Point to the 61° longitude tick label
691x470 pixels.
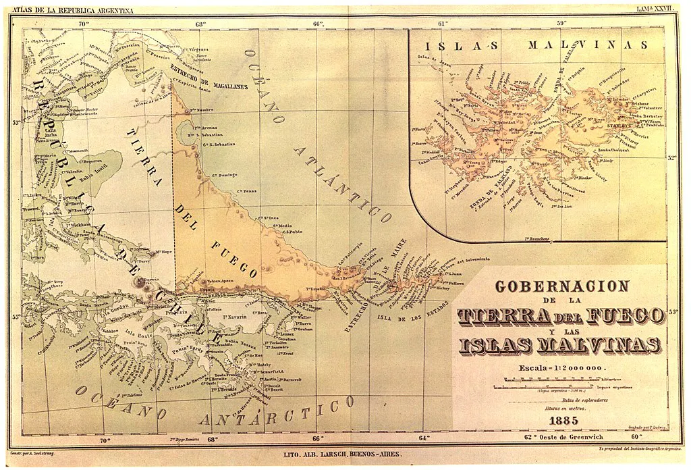(443, 24)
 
